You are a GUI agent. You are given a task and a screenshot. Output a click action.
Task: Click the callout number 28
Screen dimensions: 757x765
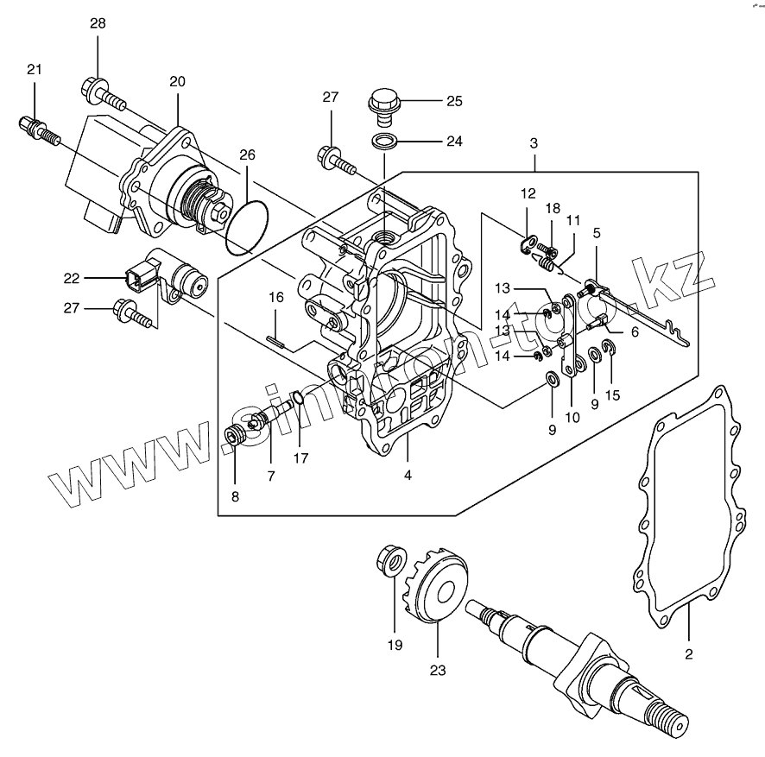(x=98, y=23)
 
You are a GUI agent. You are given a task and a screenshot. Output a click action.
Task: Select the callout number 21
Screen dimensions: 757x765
(x=34, y=70)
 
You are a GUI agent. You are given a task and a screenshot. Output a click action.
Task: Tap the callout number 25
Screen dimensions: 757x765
(x=454, y=101)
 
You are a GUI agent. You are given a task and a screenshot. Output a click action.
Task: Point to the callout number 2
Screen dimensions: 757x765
(x=689, y=654)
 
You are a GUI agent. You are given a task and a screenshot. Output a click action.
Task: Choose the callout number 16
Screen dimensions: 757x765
(x=275, y=298)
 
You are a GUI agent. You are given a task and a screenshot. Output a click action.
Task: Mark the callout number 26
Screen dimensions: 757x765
(x=247, y=155)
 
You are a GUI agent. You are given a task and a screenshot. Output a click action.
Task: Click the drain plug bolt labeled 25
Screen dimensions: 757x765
(x=382, y=101)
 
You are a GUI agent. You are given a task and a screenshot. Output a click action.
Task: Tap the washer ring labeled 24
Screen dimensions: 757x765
(x=385, y=140)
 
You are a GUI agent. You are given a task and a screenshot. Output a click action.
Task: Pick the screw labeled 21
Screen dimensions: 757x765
(x=39, y=132)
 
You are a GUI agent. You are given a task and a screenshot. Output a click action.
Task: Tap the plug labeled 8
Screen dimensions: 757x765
(x=235, y=438)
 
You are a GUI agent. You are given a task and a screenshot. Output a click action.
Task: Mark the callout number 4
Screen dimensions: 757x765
(x=408, y=474)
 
